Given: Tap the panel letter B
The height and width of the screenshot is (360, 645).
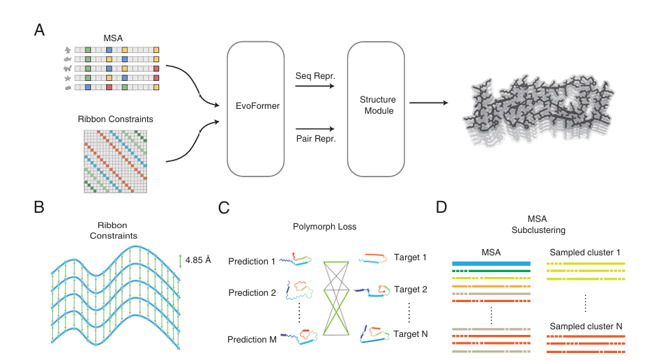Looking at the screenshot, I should click(x=40, y=207).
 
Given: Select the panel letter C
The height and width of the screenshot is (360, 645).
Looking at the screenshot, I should click(x=225, y=207).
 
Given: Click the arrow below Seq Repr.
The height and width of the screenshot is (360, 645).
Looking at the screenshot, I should click(x=314, y=87).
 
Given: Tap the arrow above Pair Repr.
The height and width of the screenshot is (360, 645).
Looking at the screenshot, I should click(x=314, y=128).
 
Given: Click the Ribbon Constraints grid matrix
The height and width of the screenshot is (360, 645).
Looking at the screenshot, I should click(x=116, y=161).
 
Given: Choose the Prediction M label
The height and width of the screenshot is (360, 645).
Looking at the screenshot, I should click(x=252, y=340).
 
